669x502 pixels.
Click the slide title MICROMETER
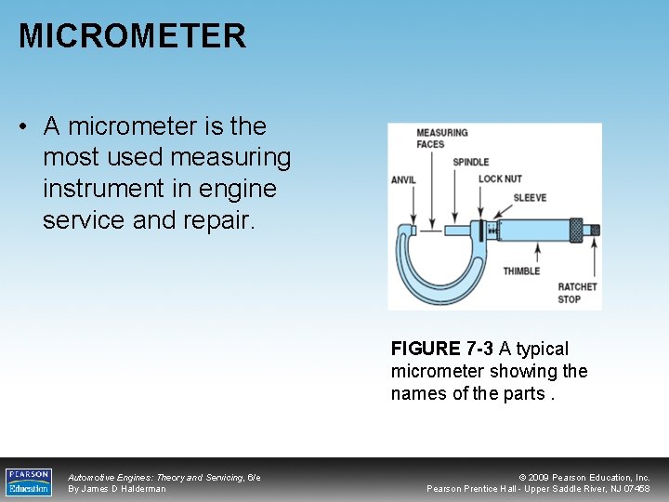132,36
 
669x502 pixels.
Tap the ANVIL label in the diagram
403,180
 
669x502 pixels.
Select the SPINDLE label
470,163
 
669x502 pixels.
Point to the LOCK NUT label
500,179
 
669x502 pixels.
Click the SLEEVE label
530,198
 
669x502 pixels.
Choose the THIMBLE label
521,271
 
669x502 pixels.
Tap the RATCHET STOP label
577,293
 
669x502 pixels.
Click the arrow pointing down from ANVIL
403,205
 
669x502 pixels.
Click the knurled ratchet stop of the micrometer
588,230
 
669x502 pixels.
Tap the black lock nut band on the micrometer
488,230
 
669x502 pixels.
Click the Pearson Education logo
29,482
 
